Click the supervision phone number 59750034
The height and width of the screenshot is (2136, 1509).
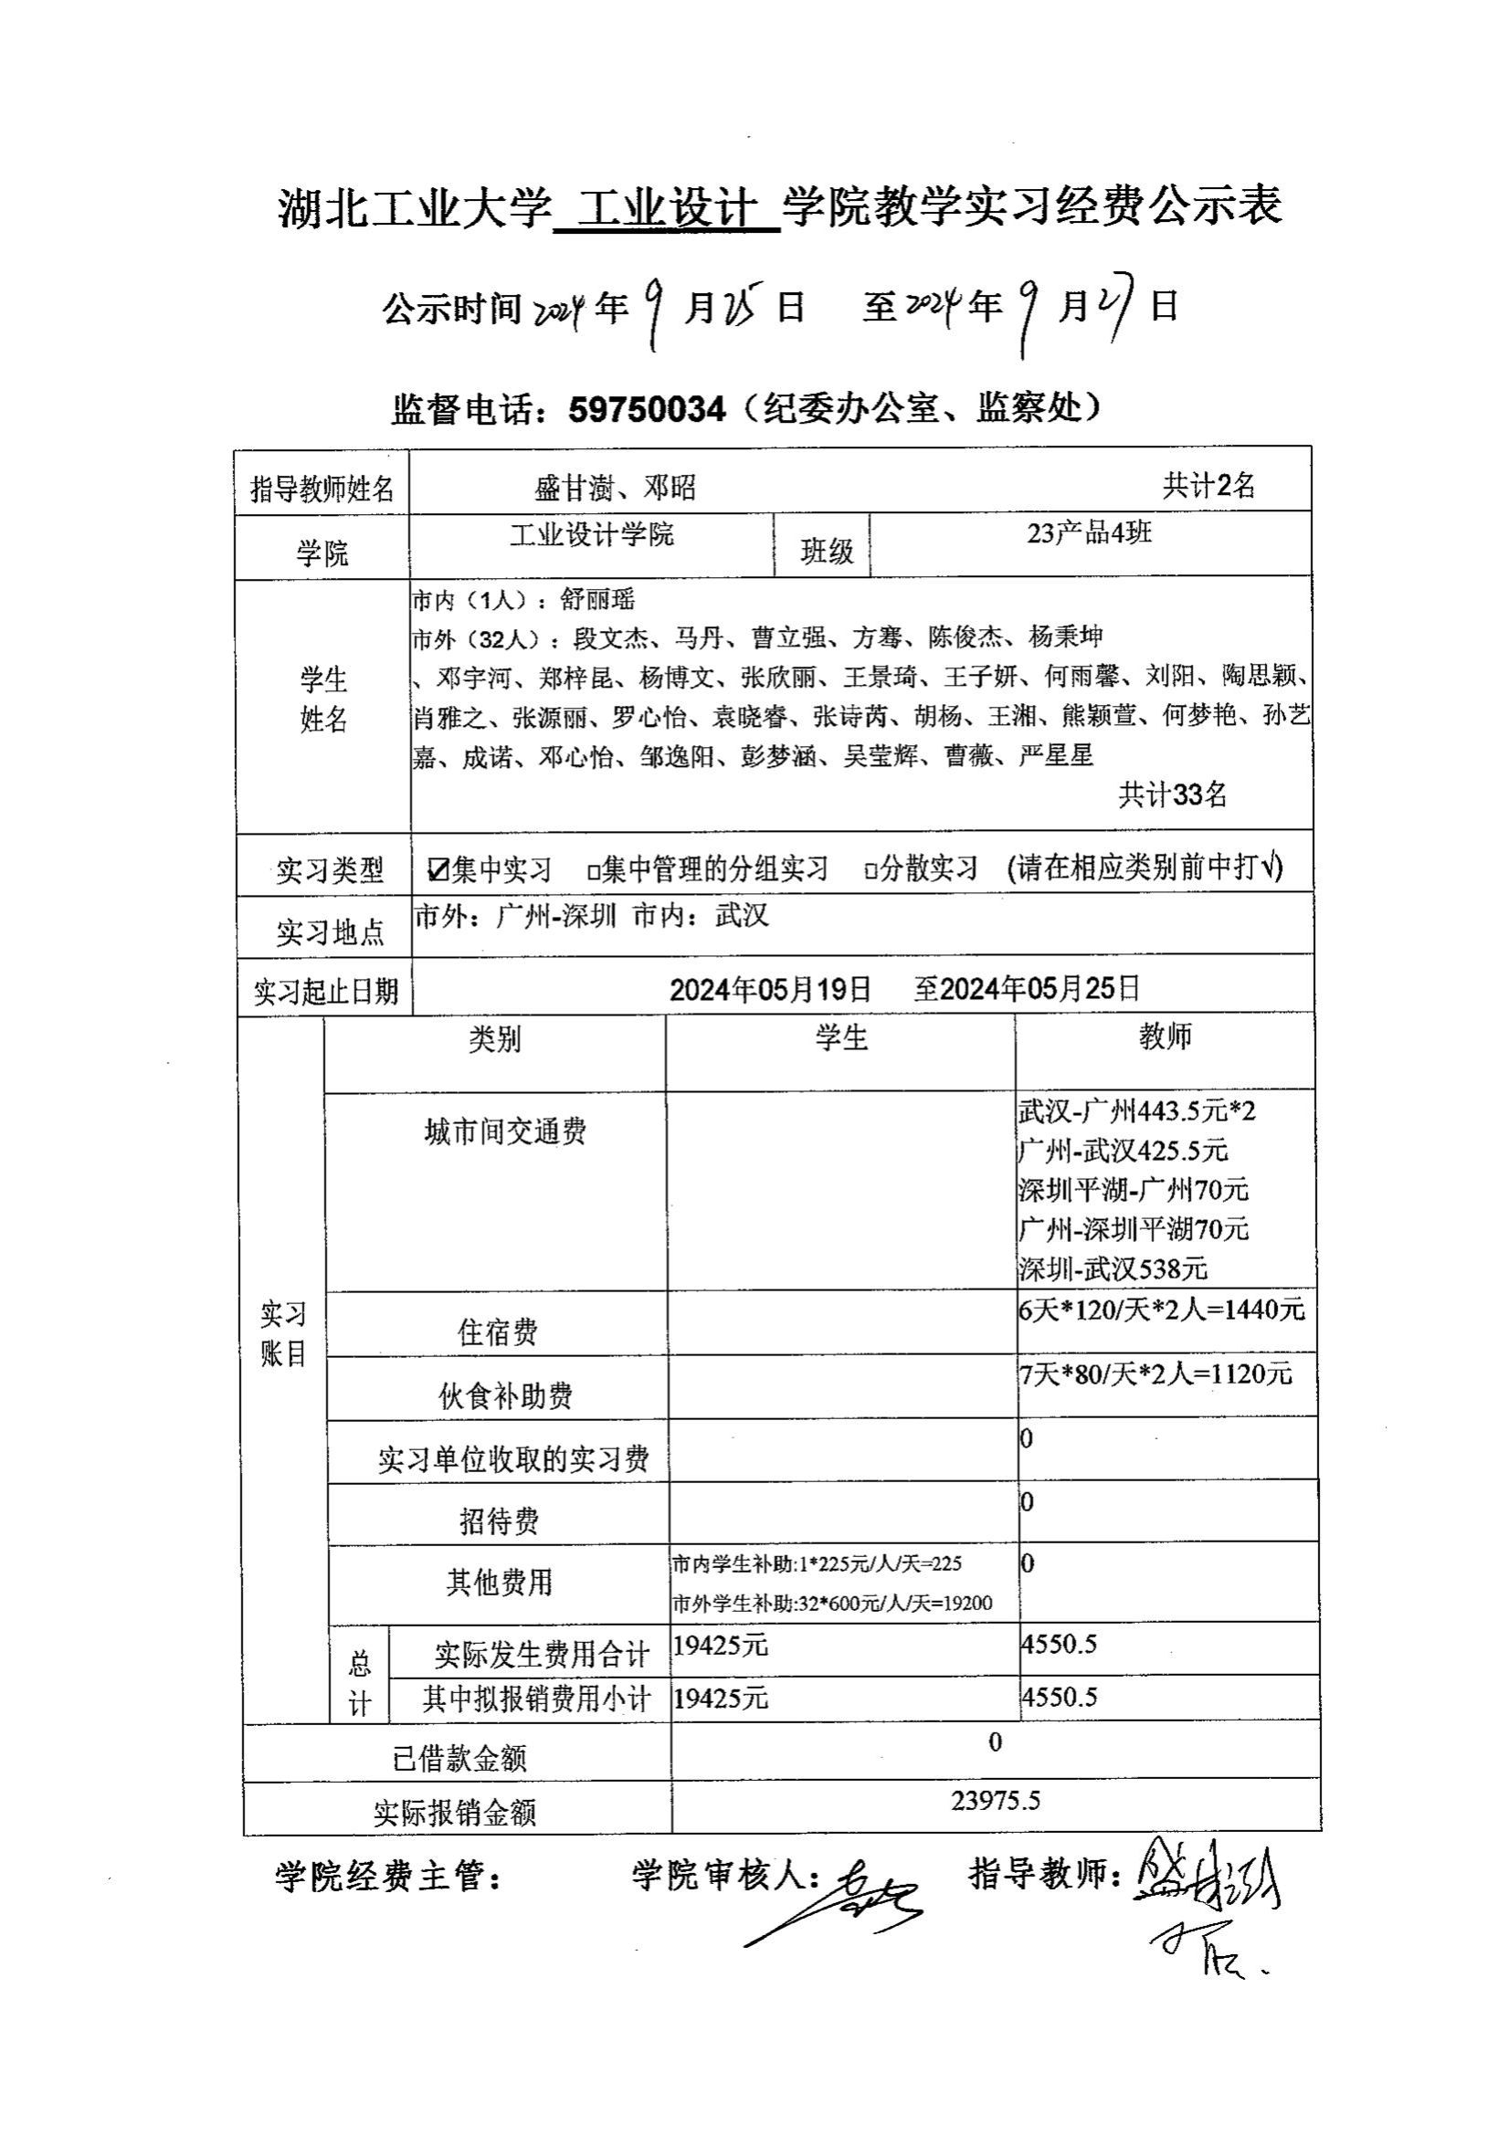[646, 409]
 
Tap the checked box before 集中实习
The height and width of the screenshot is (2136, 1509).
[437, 870]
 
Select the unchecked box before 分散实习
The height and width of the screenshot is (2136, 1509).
[871, 872]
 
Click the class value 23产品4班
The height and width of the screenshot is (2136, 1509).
[1089, 533]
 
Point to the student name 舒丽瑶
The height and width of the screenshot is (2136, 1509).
[596, 599]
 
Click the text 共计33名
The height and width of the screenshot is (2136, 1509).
[1172, 794]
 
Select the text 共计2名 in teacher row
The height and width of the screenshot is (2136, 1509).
[1208, 485]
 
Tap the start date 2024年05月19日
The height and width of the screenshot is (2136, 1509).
[770, 988]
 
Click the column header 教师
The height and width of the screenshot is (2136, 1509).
[1165, 1036]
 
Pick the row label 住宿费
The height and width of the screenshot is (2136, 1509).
[497, 1332]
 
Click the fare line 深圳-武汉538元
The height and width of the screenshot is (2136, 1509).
[1113, 1268]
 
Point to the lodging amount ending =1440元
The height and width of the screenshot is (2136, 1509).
[1162, 1310]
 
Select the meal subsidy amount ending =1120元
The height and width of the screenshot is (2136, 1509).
[1155, 1373]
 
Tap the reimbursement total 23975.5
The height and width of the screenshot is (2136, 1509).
[995, 1801]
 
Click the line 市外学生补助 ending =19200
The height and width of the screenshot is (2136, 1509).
[832, 1603]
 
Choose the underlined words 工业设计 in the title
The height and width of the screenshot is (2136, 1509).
[666, 206]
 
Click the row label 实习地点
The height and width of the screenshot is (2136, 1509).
[331, 932]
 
